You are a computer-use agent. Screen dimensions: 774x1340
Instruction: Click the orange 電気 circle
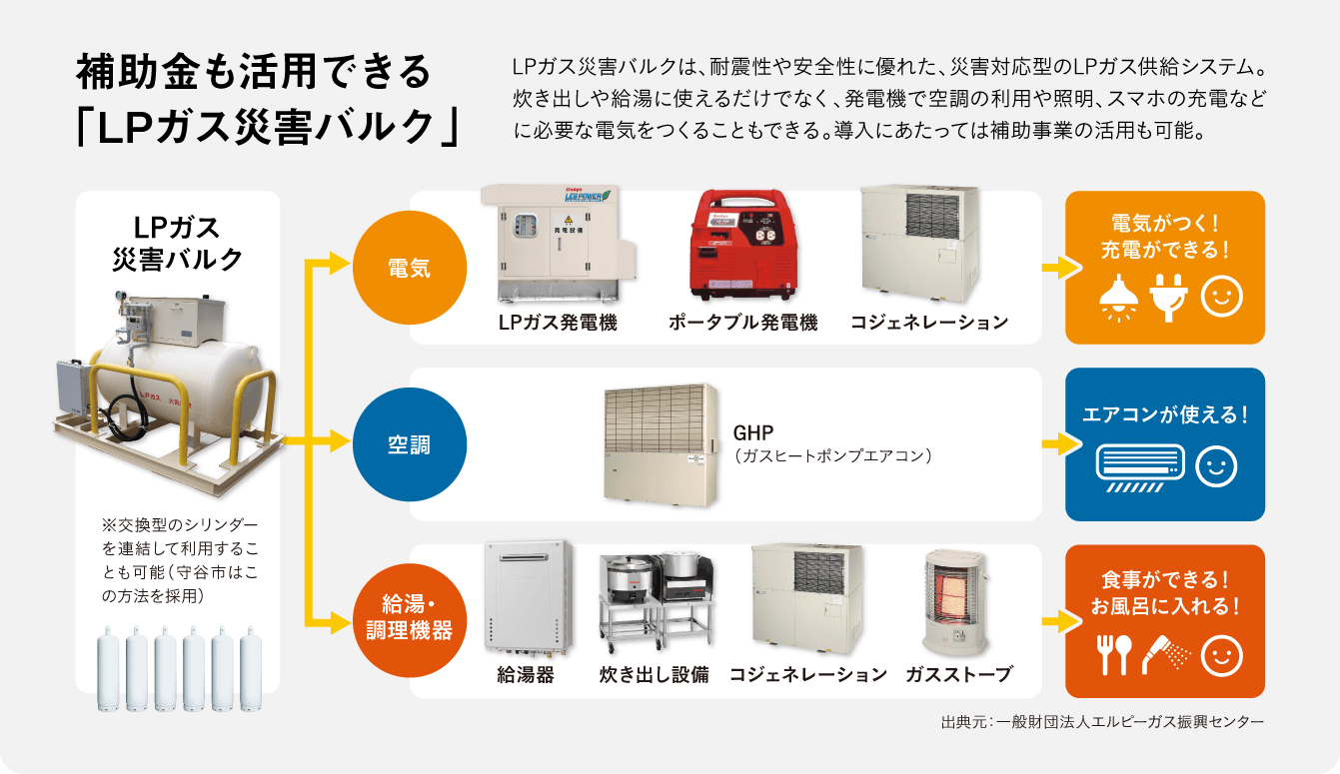409,268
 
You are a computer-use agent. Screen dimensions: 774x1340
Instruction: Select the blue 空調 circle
409,444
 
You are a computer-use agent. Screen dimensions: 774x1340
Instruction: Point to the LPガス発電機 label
558,322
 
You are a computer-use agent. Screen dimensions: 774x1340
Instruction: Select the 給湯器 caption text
526,674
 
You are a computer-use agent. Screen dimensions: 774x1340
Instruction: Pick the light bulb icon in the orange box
1118,297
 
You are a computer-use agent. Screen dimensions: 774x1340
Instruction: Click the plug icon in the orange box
1166,297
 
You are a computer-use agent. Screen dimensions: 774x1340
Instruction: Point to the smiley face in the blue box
1216,467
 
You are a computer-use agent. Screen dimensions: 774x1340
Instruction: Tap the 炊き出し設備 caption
654,674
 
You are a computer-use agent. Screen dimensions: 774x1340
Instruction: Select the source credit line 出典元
1102,721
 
